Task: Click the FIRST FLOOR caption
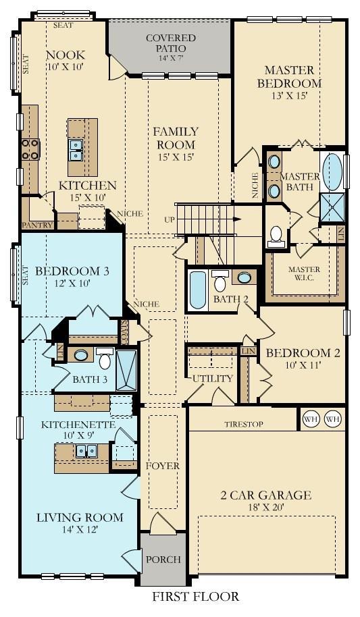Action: (195, 596)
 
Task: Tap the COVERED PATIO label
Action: (171, 43)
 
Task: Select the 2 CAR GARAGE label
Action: (266, 495)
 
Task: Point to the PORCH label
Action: (163, 559)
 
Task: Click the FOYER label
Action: (162, 466)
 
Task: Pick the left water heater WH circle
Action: (310, 419)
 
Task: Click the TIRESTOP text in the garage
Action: (244, 424)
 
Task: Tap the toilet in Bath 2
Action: (220, 281)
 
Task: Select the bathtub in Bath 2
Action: (198, 290)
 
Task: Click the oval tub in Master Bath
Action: (332, 172)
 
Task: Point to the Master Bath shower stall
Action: (332, 207)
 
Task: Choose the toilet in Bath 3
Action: (105, 358)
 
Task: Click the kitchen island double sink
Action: (76, 150)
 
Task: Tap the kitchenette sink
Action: (86, 451)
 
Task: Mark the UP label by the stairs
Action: (170, 219)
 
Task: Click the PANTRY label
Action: (38, 225)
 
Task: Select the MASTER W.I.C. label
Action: (304, 273)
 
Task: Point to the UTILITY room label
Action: (213, 379)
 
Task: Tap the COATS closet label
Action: (124, 327)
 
